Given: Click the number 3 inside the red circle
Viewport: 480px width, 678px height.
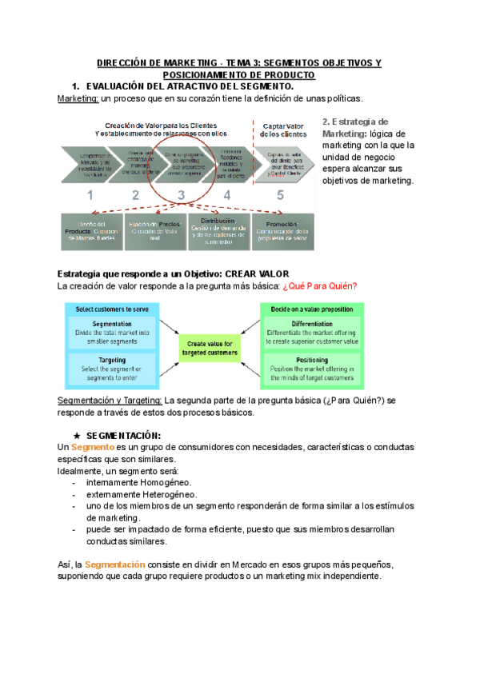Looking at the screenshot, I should [182, 193].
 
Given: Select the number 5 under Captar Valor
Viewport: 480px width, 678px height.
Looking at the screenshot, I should [280, 193].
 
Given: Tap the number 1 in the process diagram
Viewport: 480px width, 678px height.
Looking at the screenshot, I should [90, 194].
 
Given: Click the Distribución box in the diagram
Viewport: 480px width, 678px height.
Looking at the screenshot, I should [218, 227].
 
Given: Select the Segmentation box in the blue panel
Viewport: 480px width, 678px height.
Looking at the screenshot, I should [112, 333].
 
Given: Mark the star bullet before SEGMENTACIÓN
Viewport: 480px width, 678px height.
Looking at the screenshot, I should [76, 434].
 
